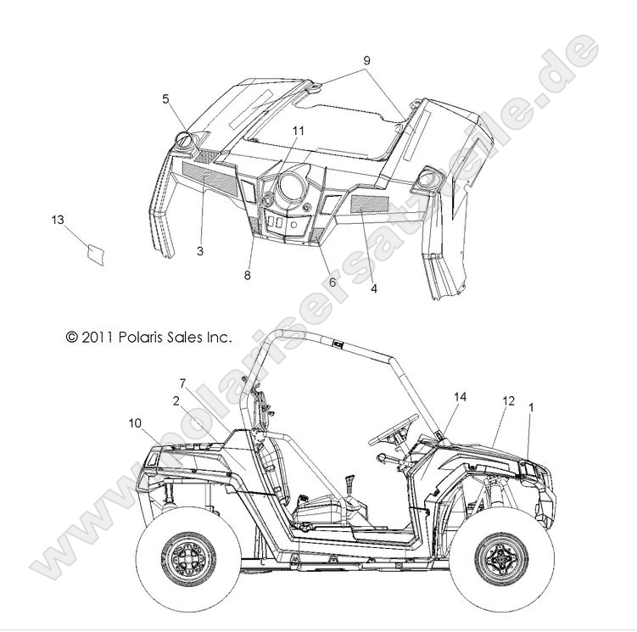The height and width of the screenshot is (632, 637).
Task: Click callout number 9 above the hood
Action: click(366, 61)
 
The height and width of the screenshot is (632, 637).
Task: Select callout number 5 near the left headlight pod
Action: click(165, 99)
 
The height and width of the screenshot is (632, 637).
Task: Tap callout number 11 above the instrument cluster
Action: click(299, 131)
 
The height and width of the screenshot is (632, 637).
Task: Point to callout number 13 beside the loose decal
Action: click(58, 220)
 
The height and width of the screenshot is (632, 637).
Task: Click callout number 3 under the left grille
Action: click(200, 251)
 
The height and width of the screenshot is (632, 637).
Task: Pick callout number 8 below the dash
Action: click(248, 276)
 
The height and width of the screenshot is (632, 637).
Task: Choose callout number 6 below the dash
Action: click(332, 282)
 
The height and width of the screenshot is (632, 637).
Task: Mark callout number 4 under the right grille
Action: click(374, 288)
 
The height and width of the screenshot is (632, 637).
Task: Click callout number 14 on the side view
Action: click(460, 397)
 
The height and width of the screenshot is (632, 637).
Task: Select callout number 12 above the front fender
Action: click(509, 401)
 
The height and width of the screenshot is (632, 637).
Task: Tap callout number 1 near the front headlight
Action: click(531, 407)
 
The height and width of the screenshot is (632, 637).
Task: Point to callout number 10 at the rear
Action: click(135, 423)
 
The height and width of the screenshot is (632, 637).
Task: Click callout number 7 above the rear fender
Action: click(182, 383)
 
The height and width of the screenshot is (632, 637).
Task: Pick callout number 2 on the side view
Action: click(176, 401)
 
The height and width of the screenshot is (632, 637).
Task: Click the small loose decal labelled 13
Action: click(96, 254)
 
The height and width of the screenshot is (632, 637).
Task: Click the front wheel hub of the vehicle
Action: click(501, 556)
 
